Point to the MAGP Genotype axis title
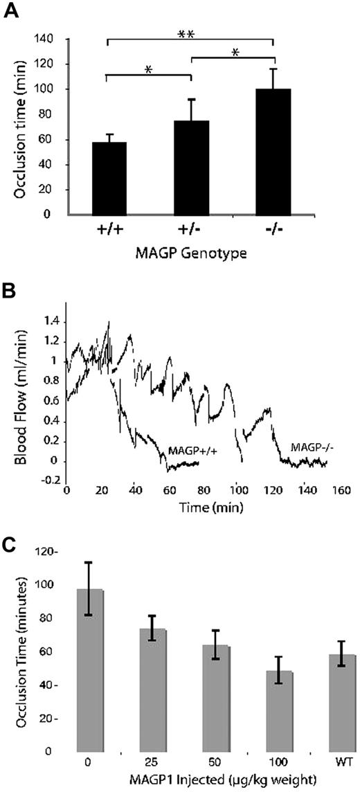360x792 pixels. click(191, 253)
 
